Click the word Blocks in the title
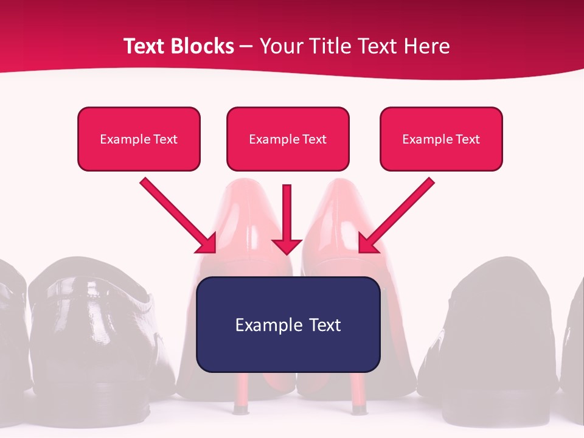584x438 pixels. tap(203, 46)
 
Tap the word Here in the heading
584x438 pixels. tap(426, 46)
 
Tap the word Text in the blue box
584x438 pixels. tap(325, 325)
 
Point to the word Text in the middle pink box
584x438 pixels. tap(314, 139)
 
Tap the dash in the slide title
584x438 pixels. tap(246, 47)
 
